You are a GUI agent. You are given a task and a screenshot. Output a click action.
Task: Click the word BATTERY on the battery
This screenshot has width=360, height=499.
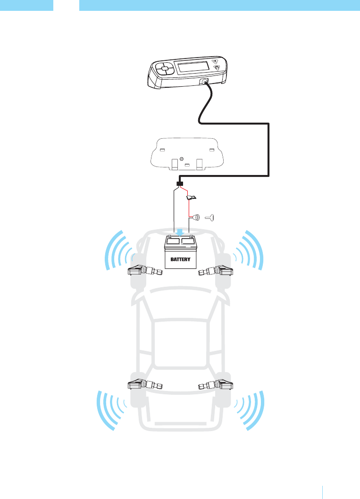[x=181, y=259]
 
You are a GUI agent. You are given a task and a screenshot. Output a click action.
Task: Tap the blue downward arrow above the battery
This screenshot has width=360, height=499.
[x=180, y=233]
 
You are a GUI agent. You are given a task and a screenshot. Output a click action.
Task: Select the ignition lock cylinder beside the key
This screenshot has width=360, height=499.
[x=195, y=218]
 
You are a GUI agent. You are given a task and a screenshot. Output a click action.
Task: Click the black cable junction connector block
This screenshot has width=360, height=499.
[x=180, y=183]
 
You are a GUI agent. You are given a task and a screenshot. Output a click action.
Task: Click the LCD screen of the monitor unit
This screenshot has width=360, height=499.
[x=194, y=67]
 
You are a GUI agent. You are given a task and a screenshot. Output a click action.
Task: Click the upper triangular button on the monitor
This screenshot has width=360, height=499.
[x=215, y=61]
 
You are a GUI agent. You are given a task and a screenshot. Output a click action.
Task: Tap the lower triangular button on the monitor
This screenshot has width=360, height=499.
[x=218, y=68]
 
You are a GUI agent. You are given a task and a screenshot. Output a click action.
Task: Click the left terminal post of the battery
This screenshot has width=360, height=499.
[x=169, y=237]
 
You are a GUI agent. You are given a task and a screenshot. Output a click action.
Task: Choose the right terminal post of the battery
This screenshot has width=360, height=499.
[x=190, y=237]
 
